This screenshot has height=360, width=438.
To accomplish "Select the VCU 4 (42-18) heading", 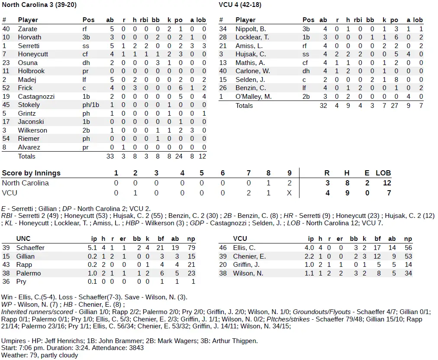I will coord(240,5).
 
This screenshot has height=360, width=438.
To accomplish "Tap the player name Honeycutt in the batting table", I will coord(33,54).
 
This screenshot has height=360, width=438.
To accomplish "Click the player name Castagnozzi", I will coord(36,96).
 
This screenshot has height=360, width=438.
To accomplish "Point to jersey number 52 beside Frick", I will coord(6,88).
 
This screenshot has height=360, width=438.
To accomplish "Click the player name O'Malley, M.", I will coord(254,97).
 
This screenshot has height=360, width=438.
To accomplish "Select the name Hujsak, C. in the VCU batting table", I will coord(251,54).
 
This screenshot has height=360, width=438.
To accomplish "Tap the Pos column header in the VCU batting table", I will coord(308,20).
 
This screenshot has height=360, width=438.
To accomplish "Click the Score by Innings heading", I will coord(31,173).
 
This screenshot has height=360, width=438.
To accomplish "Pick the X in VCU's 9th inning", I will coord(289,193).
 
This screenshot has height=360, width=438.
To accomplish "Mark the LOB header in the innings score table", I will coord(383,173).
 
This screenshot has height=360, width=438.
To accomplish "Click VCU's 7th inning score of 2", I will coord(248,193).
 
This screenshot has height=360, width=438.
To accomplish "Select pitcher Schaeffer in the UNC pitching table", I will coord(30,248).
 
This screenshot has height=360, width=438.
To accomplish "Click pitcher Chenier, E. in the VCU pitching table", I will coord(249,256).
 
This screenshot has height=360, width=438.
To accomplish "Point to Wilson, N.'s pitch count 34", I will coord(408,273).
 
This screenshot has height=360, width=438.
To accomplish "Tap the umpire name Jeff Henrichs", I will coord(67,341).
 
